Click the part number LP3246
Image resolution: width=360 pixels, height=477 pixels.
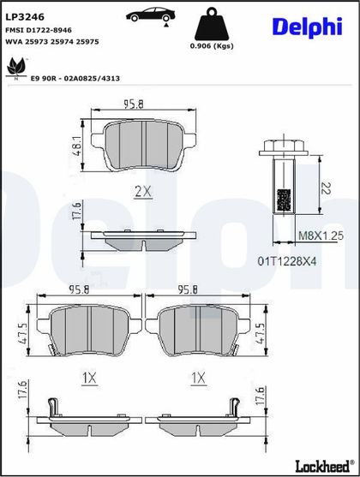click(x=25, y=17)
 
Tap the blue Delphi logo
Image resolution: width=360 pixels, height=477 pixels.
click(x=308, y=27)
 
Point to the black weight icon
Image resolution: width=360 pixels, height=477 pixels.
click(x=212, y=24)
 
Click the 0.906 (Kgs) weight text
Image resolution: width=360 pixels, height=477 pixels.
click(x=212, y=46)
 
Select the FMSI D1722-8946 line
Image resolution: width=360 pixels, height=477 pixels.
click(x=39, y=30)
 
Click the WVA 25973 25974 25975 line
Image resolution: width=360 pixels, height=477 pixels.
click(x=52, y=42)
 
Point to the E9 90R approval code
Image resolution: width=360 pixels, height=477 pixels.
click(x=75, y=79)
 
